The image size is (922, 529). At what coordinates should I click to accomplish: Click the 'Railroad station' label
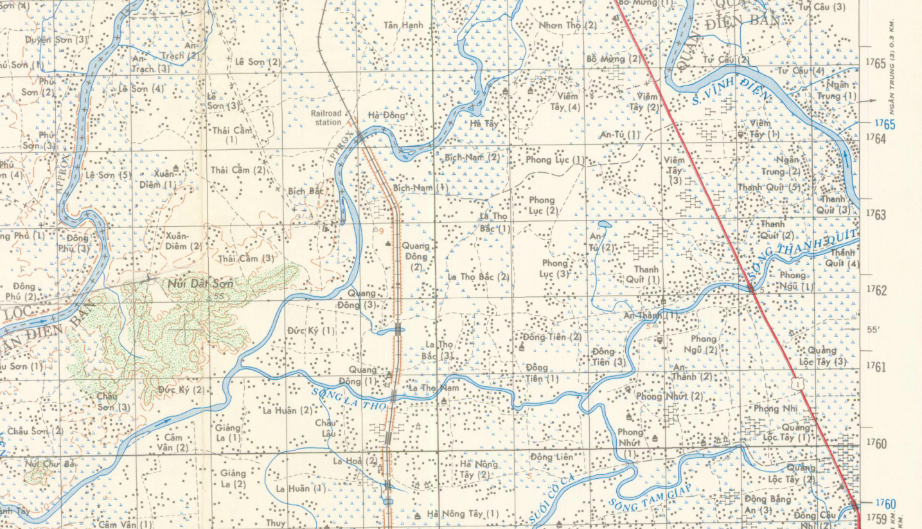[x=326, y=118]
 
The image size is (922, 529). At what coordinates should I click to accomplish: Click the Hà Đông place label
[x=386, y=115]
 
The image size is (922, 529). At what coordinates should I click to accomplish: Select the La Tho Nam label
[x=434, y=388]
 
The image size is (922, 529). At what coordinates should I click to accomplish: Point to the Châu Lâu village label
[x=325, y=428]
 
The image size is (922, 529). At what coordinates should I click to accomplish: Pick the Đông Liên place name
[x=551, y=457]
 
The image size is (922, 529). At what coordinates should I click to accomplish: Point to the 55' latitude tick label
[x=873, y=330]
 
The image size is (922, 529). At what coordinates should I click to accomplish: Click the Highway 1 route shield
[x=797, y=384]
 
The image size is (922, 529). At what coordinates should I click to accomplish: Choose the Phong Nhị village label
[x=775, y=409]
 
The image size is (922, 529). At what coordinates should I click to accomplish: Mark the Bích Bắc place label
[x=305, y=192]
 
